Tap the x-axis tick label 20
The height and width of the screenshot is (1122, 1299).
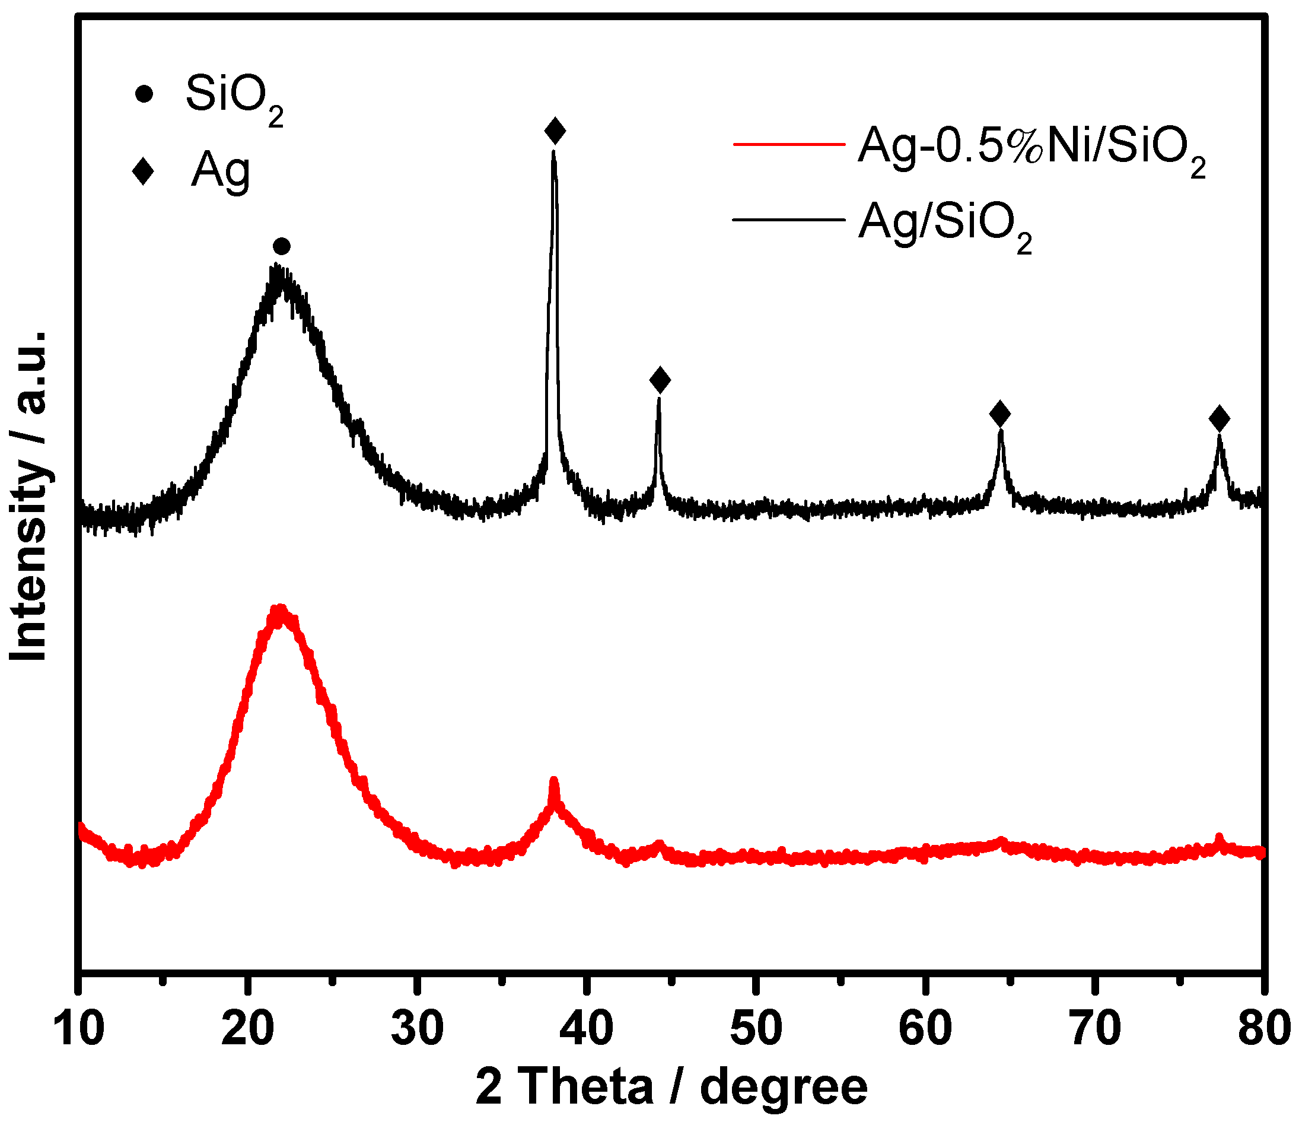click(x=249, y=1029)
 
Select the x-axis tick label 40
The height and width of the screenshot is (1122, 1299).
click(x=587, y=1029)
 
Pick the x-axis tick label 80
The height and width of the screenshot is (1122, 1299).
click(x=1263, y=1029)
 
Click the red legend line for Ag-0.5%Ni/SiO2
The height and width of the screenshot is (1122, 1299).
click(x=789, y=144)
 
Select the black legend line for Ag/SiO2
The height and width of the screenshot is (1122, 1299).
click(x=789, y=220)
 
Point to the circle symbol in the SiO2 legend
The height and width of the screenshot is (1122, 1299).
click(x=144, y=94)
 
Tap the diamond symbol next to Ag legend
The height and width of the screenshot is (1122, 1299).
click(x=144, y=171)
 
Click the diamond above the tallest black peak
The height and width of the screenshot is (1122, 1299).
click(x=555, y=131)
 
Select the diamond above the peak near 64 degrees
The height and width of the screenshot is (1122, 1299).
click(x=1000, y=414)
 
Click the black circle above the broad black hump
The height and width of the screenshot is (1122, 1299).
click(x=282, y=246)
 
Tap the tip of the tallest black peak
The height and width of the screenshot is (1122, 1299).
click(x=553, y=152)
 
